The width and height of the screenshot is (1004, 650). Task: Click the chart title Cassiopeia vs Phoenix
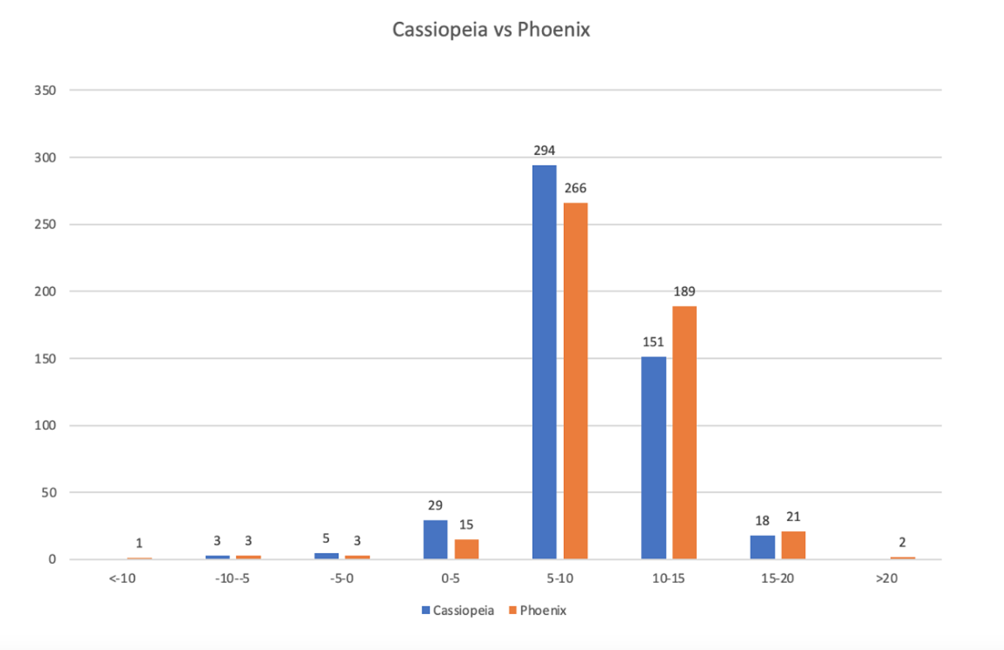point(491,30)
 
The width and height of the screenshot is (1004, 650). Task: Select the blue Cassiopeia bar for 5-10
point(544,362)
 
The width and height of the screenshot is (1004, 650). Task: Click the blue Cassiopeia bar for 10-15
point(653,458)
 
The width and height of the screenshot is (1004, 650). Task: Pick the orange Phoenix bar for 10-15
point(684,433)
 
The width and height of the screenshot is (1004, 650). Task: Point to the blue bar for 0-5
point(435,540)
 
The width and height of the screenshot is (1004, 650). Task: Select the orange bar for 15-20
point(793,546)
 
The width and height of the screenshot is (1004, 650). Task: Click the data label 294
point(544,151)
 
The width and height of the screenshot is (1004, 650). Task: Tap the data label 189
point(684,292)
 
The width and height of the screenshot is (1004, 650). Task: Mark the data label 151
point(653,342)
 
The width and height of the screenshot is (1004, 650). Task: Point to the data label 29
point(435,506)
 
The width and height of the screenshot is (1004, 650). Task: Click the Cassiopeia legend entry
point(458,611)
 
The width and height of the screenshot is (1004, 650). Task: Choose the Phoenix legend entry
point(538,611)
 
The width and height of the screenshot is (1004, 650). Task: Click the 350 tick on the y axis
point(45,90)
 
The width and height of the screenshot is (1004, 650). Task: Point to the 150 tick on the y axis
point(45,359)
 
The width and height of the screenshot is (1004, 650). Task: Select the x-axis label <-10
point(122,579)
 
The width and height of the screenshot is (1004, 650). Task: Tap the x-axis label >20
point(887,579)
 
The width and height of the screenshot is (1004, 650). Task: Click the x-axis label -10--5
point(232,579)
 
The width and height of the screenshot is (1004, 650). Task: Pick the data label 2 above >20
point(902,543)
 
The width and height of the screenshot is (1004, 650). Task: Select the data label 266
point(575,189)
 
